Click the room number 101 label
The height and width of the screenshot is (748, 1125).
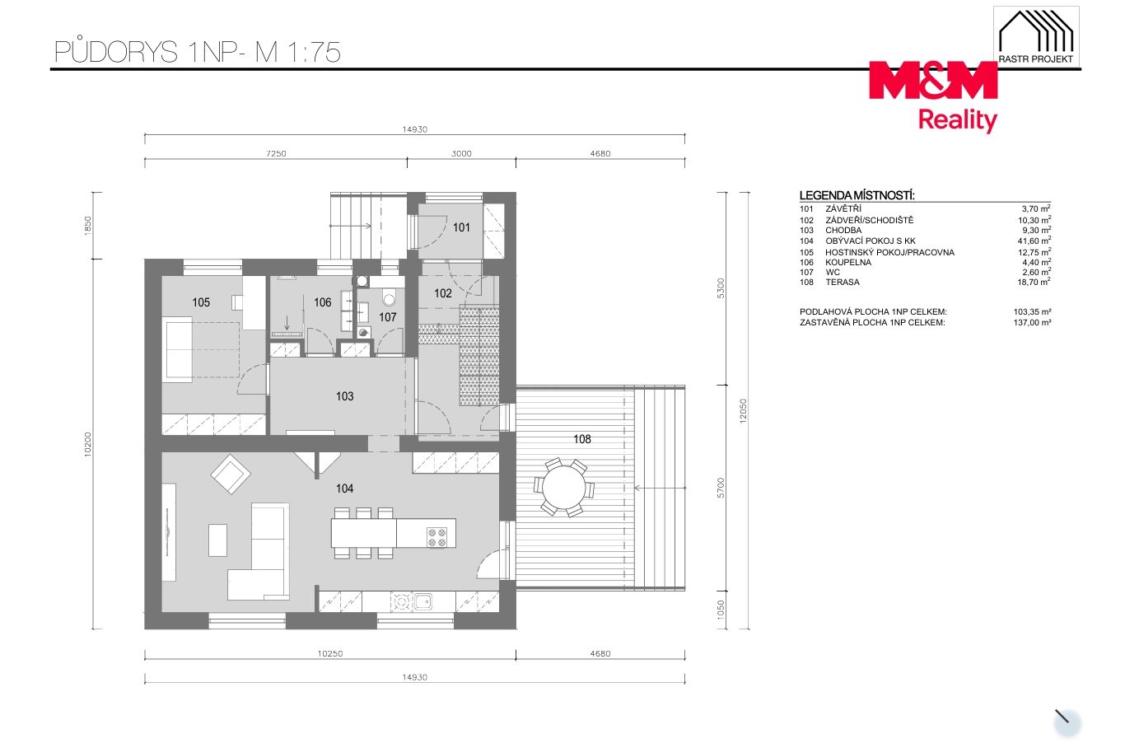(461, 227)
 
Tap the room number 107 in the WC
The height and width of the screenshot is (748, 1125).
(387, 317)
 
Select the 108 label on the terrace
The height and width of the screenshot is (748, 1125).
(581, 439)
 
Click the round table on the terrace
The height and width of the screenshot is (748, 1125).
(563, 488)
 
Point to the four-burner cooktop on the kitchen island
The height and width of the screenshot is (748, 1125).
(436, 537)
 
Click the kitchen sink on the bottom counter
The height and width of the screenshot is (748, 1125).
(422, 601)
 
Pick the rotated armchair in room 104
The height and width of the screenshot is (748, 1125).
(231, 475)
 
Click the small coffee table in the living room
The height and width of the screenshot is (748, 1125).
(217, 540)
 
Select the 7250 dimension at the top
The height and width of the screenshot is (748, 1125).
(276, 154)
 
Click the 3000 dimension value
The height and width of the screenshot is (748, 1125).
(461, 154)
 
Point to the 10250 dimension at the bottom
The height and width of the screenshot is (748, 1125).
(330, 653)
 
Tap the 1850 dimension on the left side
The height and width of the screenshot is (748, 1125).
(88, 226)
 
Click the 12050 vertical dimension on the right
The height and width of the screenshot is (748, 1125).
(744, 410)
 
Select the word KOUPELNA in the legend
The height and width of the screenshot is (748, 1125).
(848, 262)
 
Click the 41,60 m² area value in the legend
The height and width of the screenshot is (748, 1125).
(1034, 241)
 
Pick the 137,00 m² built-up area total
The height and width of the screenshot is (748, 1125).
(1032, 322)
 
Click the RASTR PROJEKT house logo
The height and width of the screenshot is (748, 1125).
(1036, 37)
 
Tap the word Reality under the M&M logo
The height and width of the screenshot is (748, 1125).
(957, 120)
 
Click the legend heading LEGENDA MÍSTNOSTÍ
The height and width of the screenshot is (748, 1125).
(857, 195)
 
